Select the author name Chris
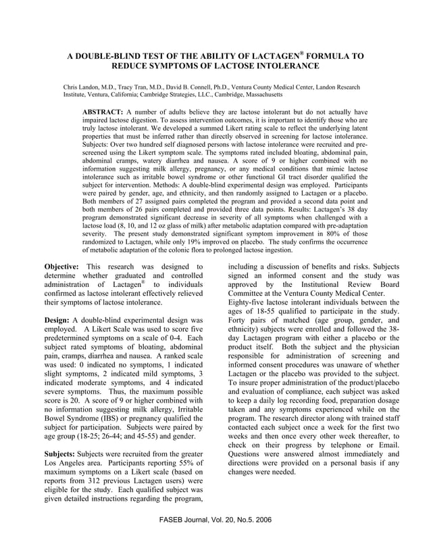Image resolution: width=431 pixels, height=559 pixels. (72, 88)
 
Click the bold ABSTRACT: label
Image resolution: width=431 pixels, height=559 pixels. (102, 111)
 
